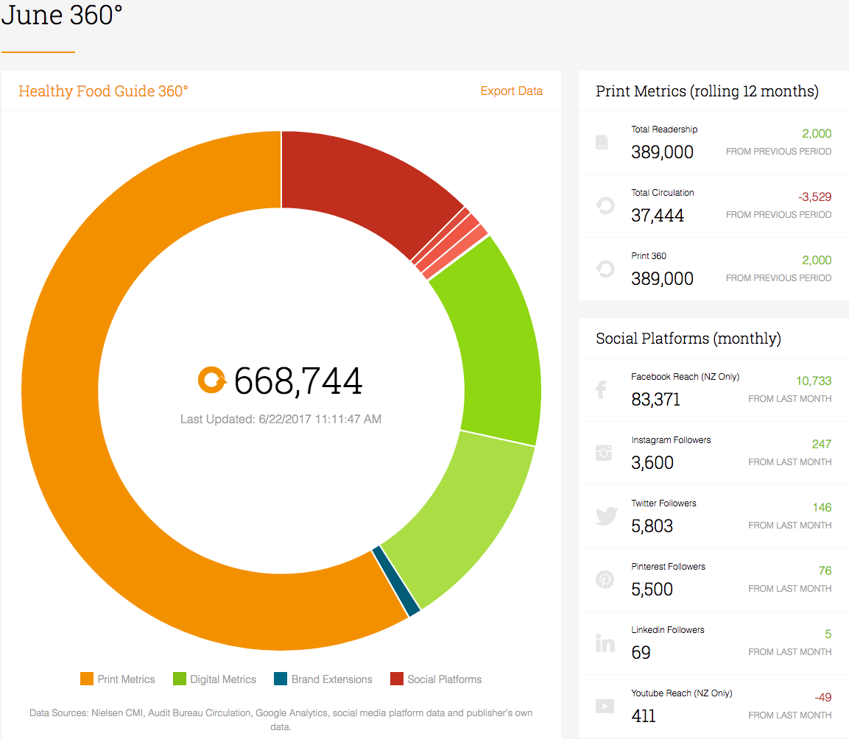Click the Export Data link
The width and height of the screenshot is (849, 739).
point(511,91)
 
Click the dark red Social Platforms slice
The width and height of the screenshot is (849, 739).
point(368,179)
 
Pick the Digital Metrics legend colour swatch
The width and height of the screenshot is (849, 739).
point(179,679)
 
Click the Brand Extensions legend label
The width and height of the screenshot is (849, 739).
point(332,679)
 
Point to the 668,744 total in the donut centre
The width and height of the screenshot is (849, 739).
point(297,381)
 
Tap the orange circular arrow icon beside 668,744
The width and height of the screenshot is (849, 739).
point(212,380)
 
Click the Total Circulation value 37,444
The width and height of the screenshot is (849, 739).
point(658,216)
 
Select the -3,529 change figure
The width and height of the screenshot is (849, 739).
point(814,197)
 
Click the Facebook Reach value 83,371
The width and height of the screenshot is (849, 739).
point(655,400)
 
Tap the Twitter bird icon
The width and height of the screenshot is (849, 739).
point(607,516)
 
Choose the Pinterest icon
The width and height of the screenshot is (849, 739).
point(605,579)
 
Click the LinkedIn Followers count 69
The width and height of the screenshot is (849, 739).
point(641,653)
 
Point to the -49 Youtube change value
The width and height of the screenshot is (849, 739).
point(823,697)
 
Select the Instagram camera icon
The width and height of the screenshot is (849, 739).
point(604,453)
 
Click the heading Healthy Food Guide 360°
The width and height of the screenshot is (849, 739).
point(103,91)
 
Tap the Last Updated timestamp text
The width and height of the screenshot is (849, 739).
point(281,419)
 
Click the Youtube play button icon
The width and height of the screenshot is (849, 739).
point(605,706)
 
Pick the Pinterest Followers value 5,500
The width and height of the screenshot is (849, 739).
point(652,590)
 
